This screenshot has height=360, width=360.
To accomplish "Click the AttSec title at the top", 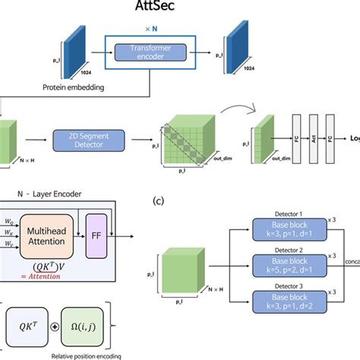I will (178, 13).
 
